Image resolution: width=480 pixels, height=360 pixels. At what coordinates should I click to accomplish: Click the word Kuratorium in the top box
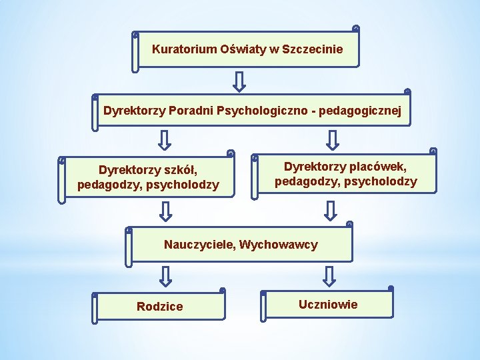pyautogui.click(x=185, y=49)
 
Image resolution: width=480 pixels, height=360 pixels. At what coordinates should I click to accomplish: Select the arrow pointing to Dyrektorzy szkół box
pyautogui.click(x=165, y=140)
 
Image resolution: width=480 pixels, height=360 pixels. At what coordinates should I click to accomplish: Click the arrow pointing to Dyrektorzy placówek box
pyautogui.click(x=332, y=140)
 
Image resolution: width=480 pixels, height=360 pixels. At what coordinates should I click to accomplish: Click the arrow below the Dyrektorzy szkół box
pyautogui.click(x=165, y=211)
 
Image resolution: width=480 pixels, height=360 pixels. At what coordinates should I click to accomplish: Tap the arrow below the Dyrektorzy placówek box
pyautogui.click(x=329, y=211)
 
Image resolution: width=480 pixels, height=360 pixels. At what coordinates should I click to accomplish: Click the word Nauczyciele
pyautogui.click(x=199, y=245)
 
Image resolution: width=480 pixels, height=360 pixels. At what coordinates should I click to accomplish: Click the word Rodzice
pyautogui.click(x=159, y=307)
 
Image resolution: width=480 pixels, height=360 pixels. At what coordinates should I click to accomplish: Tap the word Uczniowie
pyautogui.click(x=328, y=305)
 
